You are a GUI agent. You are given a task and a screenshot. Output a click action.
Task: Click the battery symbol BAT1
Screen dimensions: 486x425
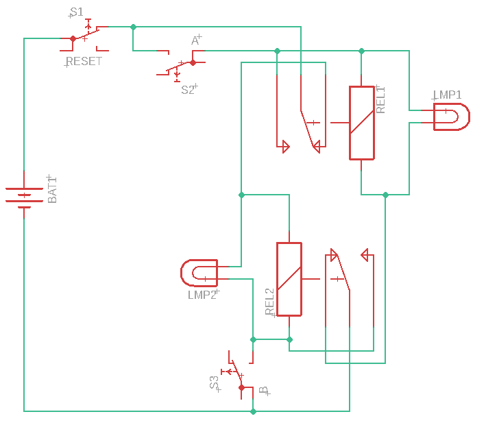click(24, 195)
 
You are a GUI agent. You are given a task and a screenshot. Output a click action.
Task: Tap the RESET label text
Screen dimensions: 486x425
click(84, 62)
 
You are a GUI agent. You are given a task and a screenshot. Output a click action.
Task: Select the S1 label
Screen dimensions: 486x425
click(77, 12)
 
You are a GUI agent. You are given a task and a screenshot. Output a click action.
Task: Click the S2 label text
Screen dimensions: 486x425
click(188, 90)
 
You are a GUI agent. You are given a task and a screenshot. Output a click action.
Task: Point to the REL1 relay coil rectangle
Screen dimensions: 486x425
click(362, 123)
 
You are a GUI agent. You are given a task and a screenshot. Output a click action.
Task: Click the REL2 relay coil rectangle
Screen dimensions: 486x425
click(289, 279)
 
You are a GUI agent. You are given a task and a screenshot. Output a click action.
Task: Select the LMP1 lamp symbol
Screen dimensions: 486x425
click(452, 117)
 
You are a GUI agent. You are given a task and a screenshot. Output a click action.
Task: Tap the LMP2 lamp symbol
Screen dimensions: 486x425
click(199, 273)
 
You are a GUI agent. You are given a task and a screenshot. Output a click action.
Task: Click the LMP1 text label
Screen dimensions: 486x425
click(448, 95)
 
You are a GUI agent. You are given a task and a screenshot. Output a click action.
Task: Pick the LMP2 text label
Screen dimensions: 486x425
click(202, 295)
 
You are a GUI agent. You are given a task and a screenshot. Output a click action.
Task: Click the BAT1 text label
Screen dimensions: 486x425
click(52, 190)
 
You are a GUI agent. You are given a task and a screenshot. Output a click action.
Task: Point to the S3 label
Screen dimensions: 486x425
click(214, 382)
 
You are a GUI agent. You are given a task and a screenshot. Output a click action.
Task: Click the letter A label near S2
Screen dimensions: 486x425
click(195, 40)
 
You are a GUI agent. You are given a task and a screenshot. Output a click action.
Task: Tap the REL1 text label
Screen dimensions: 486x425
click(380, 100)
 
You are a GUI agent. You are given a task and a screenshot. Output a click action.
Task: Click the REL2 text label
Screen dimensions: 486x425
click(269, 302)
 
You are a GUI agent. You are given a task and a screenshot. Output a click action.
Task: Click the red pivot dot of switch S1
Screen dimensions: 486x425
click(73, 39)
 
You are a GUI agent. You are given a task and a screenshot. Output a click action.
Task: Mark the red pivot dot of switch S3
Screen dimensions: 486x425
click(242, 387)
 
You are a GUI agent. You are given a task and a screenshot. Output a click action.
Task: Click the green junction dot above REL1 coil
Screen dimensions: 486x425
click(361, 51)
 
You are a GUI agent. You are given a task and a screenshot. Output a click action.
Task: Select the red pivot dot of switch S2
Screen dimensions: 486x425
click(193, 62)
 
